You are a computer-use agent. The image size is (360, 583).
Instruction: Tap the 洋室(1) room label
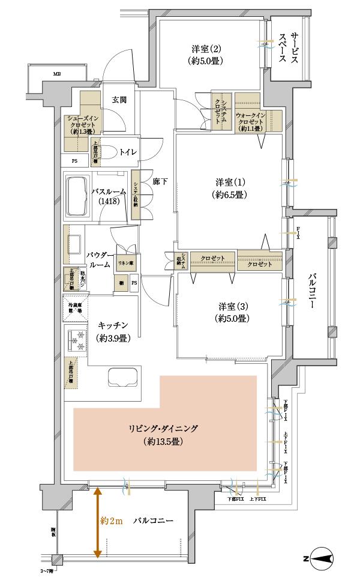point(230,189)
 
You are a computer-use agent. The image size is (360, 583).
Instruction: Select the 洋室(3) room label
point(230,312)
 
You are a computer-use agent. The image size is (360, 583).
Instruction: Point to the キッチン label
point(113,331)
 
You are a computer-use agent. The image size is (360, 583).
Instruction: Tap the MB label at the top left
point(57,74)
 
